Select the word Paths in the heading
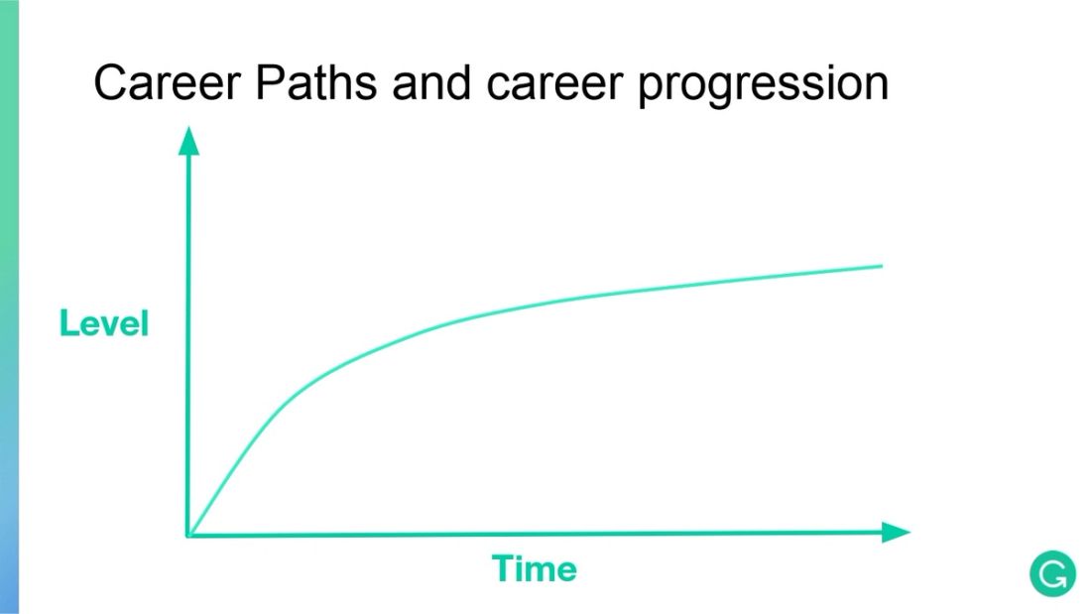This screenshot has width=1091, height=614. pyautogui.click(x=315, y=83)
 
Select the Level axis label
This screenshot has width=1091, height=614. pyautogui.click(x=104, y=323)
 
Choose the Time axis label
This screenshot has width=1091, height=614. pyautogui.click(x=535, y=569)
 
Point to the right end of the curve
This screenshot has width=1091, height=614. pyautogui.click(x=880, y=266)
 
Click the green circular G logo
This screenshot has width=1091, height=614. pyautogui.click(x=1052, y=574)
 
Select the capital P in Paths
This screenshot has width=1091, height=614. pyautogui.click(x=271, y=83)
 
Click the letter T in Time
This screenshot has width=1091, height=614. pyautogui.click(x=502, y=569)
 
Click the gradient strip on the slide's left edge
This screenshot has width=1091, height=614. pyautogui.click(x=9, y=307)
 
